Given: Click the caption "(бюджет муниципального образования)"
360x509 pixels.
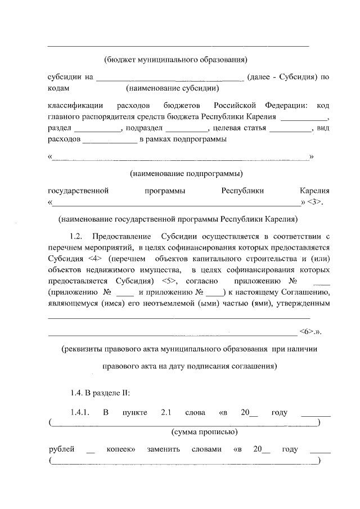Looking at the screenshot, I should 176,59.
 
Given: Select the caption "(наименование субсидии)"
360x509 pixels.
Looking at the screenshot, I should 172,88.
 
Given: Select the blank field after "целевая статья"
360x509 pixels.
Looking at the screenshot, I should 290,129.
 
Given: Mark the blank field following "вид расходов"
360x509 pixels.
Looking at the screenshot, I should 110,139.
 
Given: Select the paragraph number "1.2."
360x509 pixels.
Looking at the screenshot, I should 77,236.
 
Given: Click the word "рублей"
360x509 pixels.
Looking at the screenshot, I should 61,450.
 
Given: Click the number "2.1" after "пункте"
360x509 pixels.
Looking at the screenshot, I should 166,413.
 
